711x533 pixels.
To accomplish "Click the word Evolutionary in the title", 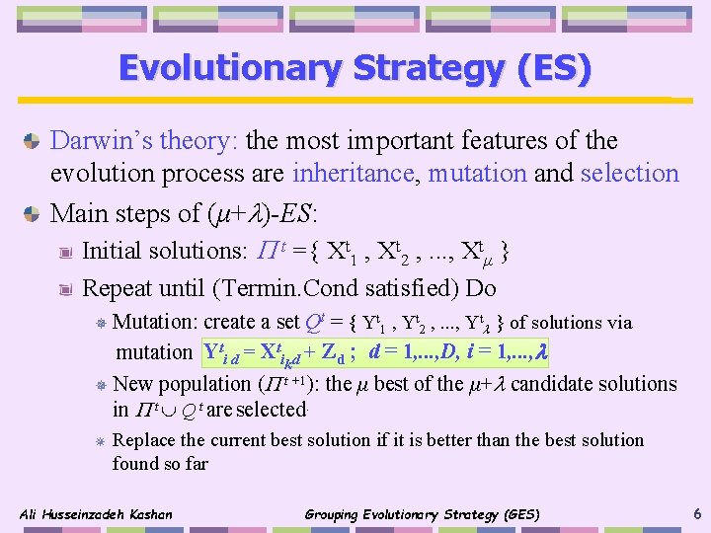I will pos(225,68).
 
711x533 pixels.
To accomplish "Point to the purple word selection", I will pos(630,174).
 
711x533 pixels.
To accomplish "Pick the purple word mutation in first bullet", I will pos(476,174).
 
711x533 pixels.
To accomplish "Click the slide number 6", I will pos(697,513).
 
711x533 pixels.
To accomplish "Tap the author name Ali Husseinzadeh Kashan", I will pos(96,514).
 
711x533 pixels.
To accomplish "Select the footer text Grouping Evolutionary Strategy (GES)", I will pos(422,514).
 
